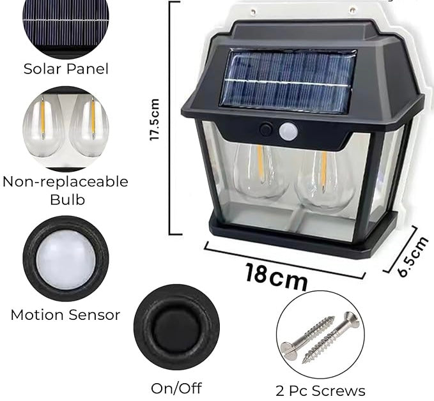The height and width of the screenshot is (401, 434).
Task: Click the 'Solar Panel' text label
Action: [66, 68]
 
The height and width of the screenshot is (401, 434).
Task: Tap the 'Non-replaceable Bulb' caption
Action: [65, 190]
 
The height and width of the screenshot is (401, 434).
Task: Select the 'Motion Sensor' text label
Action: [65, 314]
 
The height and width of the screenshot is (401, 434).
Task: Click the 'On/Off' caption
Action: [176, 388]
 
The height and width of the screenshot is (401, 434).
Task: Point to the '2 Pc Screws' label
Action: [321, 390]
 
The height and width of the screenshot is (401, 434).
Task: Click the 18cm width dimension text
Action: [276, 276]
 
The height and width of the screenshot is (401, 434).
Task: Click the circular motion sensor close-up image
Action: [65, 258]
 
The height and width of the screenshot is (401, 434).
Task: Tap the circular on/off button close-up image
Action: [176, 327]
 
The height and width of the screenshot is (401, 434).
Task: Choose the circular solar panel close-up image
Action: [65, 24]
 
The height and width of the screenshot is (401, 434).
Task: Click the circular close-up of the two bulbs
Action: [65, 128]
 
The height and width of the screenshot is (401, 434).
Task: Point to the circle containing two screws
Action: [320, 335]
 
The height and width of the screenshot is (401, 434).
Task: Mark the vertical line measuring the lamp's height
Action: [171, 118]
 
